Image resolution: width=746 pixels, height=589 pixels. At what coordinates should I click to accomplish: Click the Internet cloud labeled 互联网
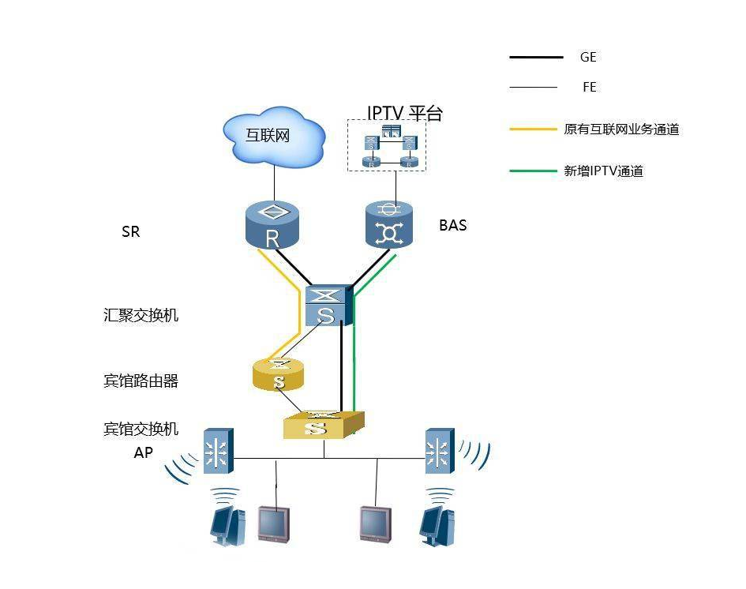pos(273,137)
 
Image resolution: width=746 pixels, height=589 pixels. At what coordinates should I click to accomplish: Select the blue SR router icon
pos(272,224)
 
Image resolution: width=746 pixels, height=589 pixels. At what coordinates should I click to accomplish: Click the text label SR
pos(131,232)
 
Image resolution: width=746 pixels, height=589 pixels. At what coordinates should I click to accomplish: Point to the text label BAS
pos(452,225)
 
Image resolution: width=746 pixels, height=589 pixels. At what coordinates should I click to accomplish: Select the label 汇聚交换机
pos(141,315)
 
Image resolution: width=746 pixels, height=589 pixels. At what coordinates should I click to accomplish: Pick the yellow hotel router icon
pos(279,375)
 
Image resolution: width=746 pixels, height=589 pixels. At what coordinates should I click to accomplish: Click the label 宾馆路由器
pos(141,381)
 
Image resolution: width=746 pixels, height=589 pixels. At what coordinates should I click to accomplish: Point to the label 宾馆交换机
pos(141,429)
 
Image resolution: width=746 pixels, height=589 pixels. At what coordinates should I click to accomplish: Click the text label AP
pos(143,452)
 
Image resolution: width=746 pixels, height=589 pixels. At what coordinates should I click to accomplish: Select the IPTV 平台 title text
pos(405,114)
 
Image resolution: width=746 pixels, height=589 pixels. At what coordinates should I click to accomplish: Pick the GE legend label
pos(587,58)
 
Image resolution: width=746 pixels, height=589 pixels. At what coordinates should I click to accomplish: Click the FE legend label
pos(589,88)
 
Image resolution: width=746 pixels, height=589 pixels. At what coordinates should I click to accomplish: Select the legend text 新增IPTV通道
pos(603,171)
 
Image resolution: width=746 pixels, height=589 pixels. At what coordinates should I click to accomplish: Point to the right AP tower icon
pos(438,451)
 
